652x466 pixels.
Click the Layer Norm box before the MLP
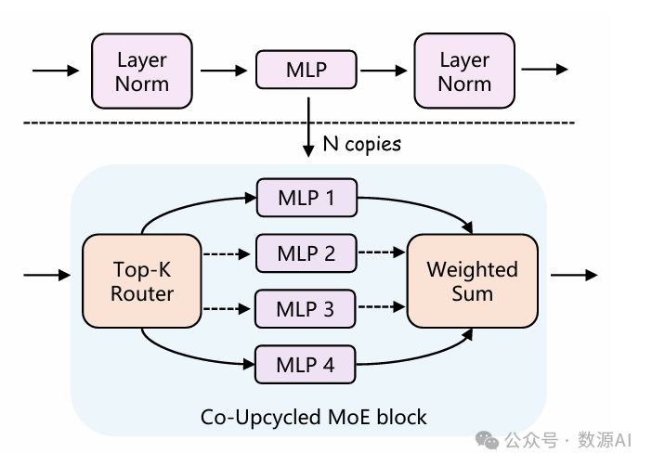tap(142, 71)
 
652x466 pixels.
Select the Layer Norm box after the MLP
tap(464, 71)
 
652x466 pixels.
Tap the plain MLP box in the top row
tap(306, 70)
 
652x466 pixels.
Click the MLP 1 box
tap(306, 197)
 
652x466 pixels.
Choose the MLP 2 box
tap(306, 252)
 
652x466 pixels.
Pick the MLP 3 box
tap(306, 308)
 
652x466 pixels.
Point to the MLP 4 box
tap(306, 364)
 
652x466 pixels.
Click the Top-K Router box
tap(142, 281)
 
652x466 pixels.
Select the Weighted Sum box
tap(472, 281)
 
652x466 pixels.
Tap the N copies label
tap(361, 144)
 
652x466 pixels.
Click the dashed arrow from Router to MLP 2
tap(228, 252)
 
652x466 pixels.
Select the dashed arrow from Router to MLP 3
tap(228, 308)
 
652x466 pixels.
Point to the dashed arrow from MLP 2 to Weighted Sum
tap(381, 252)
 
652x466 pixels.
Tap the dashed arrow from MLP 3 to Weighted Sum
tap(381, 308)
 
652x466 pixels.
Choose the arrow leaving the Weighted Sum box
tap(573, 275)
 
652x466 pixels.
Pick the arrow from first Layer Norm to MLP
tap(224, 70)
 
